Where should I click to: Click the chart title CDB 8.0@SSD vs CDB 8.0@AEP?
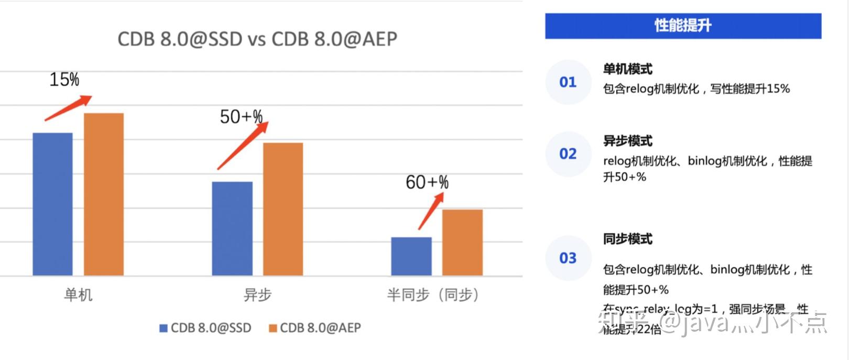point(257,39)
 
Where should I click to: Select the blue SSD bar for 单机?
point(52,204)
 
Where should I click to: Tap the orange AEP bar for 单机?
point(104,194)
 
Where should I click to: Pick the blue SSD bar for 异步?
point(232,228)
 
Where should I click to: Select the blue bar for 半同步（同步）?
point(411,256)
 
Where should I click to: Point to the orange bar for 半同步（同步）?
point(462,242)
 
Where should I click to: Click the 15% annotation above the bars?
point(64,80)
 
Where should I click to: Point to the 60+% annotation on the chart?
point(427,182)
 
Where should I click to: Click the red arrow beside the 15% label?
point(68,108)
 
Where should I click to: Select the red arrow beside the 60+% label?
point(431,211)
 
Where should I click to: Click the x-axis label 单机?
point(78,295)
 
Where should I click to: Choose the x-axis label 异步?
point(257,295)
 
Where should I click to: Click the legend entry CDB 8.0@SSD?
point(205,328)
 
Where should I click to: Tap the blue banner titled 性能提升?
point(683,26)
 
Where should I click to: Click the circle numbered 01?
point(568,82)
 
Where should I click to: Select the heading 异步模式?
point(628,141)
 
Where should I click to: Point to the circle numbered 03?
point(568,258)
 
